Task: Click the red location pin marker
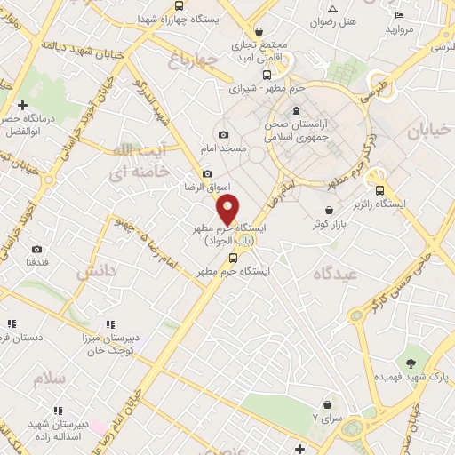pos(228,210)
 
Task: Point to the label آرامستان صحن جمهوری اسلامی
pos(302,131)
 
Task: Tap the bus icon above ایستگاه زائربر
pos(380,189)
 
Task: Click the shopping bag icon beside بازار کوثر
pos(328,211)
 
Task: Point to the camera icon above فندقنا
pos(36,250)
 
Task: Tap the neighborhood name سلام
pos(51,379)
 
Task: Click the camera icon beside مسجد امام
pos(223,135)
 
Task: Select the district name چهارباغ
pos(191,60)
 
